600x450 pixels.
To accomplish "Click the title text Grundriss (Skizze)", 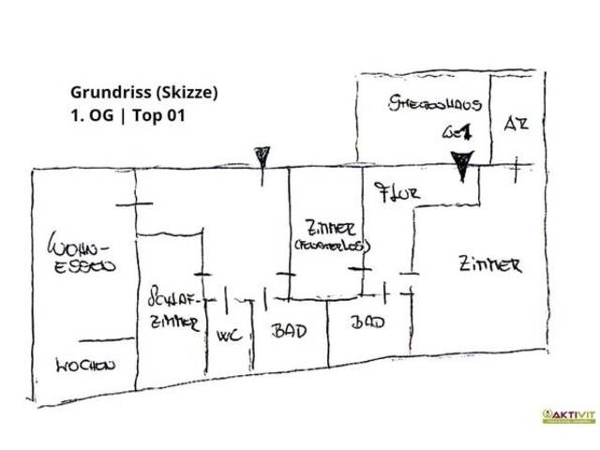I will pyautogui.click(x=143, y=93).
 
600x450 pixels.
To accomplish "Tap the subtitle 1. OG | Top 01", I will pyautogui.click(x=128, y=119).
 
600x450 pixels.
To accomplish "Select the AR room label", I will pyautogui.click(x=516, y=123).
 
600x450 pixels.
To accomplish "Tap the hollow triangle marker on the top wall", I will pyautogui.click(x=262, y=156).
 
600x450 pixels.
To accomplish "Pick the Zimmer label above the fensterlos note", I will pyautogui.click(x=330, y=228).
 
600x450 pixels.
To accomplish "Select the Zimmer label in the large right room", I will pyautogui.click(x=489, y=265).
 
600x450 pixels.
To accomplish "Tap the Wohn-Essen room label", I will pyautogui.click(x=83, y=256).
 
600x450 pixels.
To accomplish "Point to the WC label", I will pyautogui.click(x=229, y=335).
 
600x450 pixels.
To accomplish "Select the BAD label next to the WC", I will pyautogui.click(x=289, y=331).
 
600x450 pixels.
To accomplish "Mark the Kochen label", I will pyautogui.click(x=84, y=366).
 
